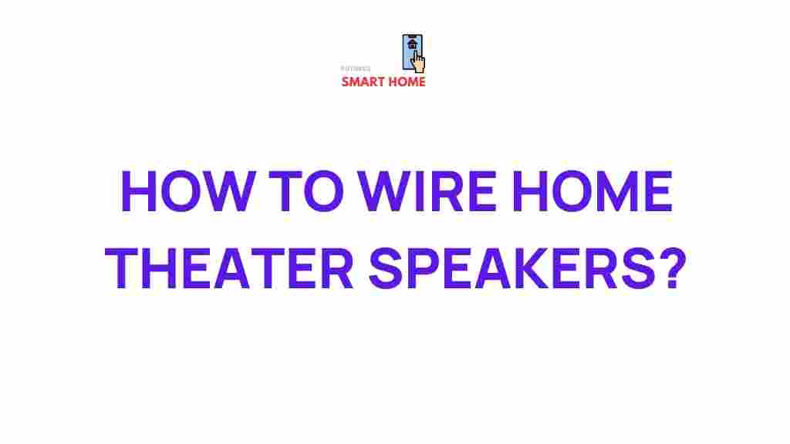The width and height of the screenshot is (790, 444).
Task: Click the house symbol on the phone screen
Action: pos(413,44)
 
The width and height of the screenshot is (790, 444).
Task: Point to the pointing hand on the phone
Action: pos(419,61)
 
